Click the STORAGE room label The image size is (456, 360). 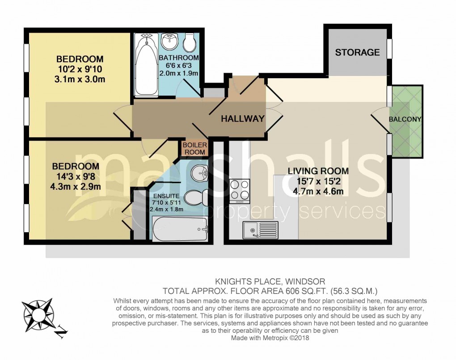[x=357, y=52]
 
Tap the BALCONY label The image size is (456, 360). [x=405, y=119]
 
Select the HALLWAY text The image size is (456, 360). [x=243, y=119]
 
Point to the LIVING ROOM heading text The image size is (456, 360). [x=318, y=171]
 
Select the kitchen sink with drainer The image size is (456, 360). [x=261, y=230]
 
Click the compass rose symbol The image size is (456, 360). [x=39, y=313]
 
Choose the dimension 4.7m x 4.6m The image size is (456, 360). [x=318, y=192]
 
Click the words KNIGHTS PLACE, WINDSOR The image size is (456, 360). [x=270, y=281]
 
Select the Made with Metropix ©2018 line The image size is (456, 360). [x=270, y=338]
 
